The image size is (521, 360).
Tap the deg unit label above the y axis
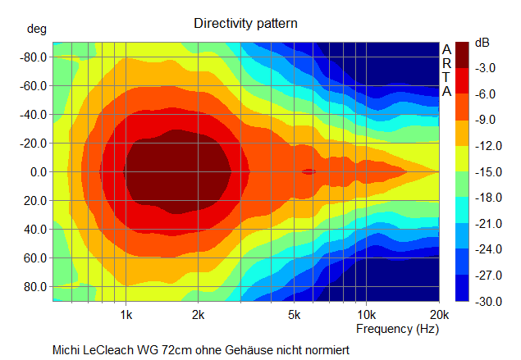pyautogui.click(x=37, y=29)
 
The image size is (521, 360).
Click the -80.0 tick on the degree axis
pyautogui.click(x=33, y=57)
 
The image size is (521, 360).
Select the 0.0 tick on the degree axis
pyautogui.click(x=38, y=172)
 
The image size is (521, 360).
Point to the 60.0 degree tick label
pyautogui.click(x=35, y=258)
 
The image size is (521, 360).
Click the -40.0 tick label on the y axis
pyautogui.click(x=33, y=115)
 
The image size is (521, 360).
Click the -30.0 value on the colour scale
pyautogui.click(x=487, y=302)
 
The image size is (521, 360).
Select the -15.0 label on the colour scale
pyautogui.click(x=487, y=172)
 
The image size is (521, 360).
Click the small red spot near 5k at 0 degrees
pyautogui.click(x=308, y=171)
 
